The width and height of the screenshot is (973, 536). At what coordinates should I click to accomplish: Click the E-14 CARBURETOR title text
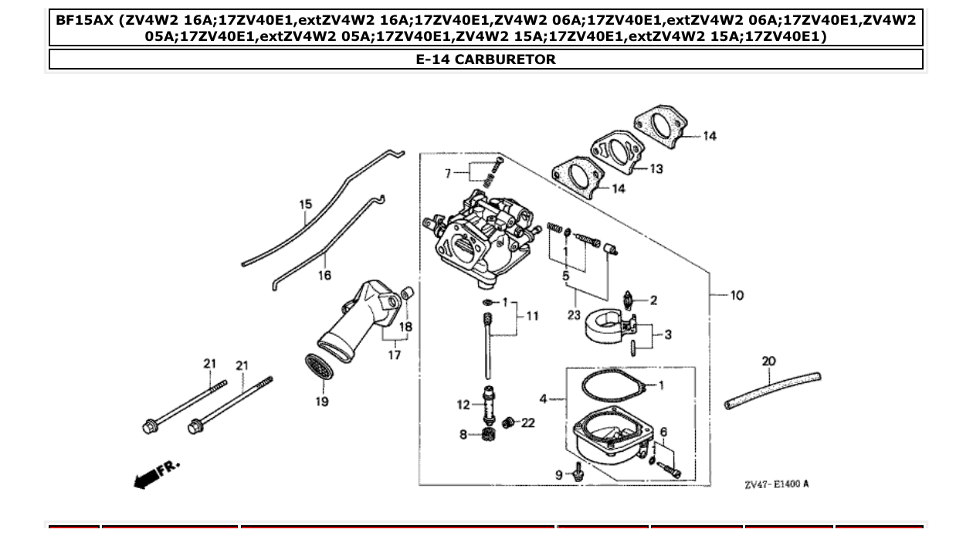pos(486,59)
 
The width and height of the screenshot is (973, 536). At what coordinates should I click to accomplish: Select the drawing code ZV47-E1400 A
pos(777,484)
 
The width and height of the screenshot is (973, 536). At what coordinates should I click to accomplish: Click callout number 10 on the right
pos(736,295)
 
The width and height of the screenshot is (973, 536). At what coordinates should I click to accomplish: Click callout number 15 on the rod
pos(306,205)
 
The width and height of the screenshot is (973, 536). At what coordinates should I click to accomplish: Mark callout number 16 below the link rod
pos(324,275)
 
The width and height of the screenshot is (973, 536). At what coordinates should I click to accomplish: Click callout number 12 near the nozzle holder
pos(463,404)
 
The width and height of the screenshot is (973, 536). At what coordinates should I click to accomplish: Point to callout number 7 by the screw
pos(446,174)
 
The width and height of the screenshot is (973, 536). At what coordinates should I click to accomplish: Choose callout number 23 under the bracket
pos(573,314)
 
